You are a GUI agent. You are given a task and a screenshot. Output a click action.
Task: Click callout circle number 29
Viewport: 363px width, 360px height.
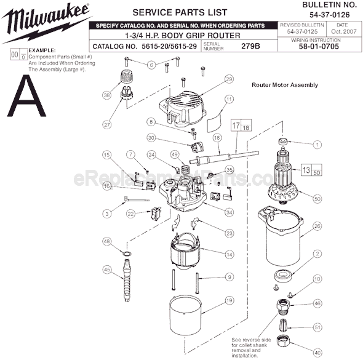click(229, 79)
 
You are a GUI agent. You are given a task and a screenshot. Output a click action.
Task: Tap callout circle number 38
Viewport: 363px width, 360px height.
click(106, 95)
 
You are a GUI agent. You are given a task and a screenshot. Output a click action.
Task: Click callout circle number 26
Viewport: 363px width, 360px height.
click(317, 226)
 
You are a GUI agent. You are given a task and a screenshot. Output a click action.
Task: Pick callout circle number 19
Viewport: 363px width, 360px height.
click(229, 301)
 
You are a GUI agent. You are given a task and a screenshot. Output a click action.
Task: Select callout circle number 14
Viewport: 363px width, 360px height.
click(229, 254)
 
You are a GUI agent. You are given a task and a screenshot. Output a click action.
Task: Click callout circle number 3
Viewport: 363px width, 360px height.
click(106, 214)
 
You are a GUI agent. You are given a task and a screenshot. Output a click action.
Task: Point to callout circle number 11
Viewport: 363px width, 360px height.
click(229, 98)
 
